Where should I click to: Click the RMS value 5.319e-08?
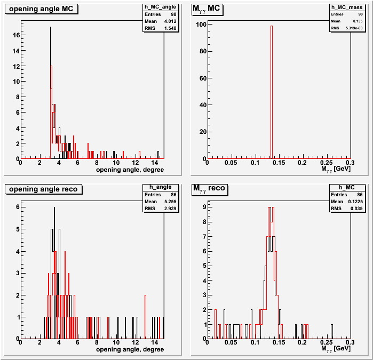coord(355,28)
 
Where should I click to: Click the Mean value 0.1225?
coord(355,201)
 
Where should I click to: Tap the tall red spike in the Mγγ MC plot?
coord(271,91)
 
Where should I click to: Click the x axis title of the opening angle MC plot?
coord(130,170)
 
